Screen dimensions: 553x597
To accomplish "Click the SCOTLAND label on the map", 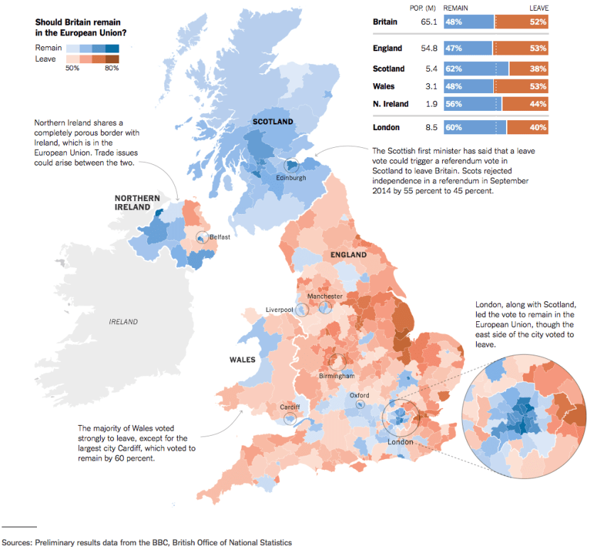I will pos(273,122).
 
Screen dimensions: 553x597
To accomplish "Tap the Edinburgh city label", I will pos(291,178).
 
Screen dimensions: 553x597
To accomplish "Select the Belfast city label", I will pos(219,237).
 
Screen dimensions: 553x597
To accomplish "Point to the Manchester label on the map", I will pos(325,296).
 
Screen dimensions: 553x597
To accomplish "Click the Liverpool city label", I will pos(279,310).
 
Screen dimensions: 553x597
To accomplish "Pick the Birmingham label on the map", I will pos(337,375).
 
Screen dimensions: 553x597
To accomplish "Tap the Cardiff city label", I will pos(289,407).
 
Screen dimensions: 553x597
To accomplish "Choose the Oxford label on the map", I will pos(359,395).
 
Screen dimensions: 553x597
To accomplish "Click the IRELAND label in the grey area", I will pos(123,322).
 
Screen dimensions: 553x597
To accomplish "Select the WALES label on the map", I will pos(242,360).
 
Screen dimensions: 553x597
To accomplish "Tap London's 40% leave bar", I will pos(527,128).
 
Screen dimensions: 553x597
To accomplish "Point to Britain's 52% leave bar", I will pos(522,23).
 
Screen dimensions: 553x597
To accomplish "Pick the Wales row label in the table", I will pos(384,87).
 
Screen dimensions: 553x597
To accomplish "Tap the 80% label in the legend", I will pos(112,68).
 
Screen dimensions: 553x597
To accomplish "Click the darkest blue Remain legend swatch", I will pos(112,48).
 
